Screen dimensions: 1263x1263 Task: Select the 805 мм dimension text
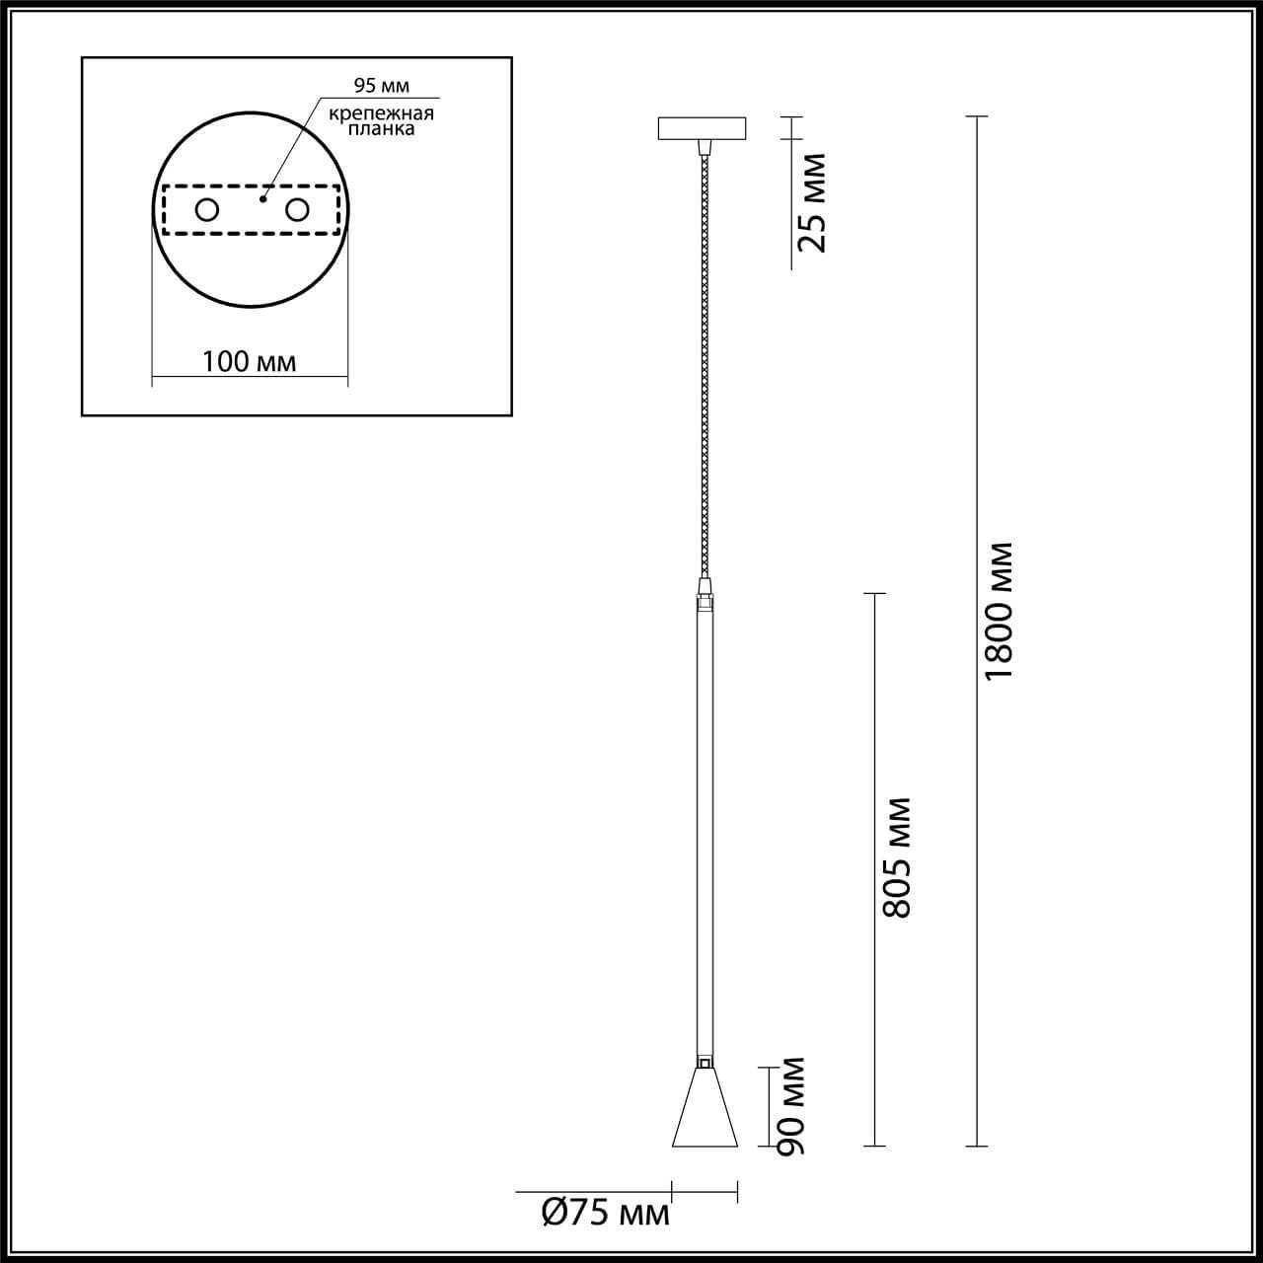pyautogui.click(x=897, y=856)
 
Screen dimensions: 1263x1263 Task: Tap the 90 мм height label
pyautogui.click(x=790, y=1106)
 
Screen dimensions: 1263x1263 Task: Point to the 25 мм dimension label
pyautogui.click(x=812, y=202)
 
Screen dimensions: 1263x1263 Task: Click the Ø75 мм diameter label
pyautogui.click(x=606, y=1212)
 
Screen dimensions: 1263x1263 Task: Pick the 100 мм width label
pyautogui.click(x=249, y=361)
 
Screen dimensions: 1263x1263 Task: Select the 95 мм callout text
pyautogui.click(x=382, y=86)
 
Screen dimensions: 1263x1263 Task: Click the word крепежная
pyautogui.click(x=382, y=113)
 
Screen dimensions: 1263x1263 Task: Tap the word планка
pyautogui.click(x=382, y=129)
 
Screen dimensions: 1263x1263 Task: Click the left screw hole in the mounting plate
pyautogui.click(x=207, y=209)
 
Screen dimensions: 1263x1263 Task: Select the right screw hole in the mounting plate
pyautogui.click(x=296, y=209)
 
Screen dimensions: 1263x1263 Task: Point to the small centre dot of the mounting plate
pyautogui.click(x=261, y=199)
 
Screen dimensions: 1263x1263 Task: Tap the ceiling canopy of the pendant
pyautogui.click(x=704, y=128)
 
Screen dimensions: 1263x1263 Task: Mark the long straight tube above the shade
pyautogui.click(x=705, y=829)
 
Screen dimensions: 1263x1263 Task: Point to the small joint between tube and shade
pyautogui.click(x=705, y=1063)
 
